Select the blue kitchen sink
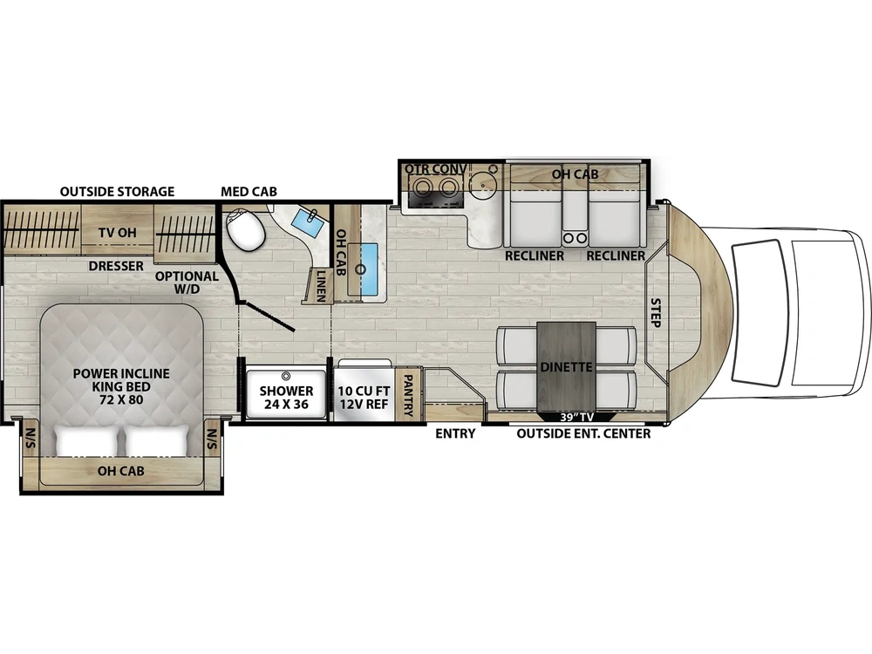(364, 269)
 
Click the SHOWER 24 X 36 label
(286, 397)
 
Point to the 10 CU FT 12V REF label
(364, 397)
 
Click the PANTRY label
(407, 395)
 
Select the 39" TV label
(576, 417)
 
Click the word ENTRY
(455, 433)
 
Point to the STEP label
(657, 312)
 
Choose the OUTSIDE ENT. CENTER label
(583, 433)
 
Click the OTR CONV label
(435, 168)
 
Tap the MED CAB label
(249, 191)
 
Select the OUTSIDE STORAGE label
(118, 191)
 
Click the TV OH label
(118, 233)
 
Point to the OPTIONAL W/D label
(187, 282)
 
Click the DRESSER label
(116, 266)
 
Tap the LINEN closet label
(321, 286)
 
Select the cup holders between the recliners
(575, 238)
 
